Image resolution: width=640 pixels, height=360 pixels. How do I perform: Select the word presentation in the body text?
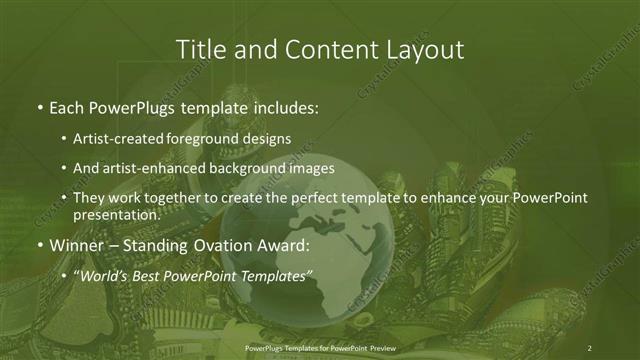tap(115, 215)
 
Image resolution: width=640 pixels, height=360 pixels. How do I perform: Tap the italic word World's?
tap(103, 275)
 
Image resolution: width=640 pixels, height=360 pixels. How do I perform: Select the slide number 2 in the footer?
tap(590, 347)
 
